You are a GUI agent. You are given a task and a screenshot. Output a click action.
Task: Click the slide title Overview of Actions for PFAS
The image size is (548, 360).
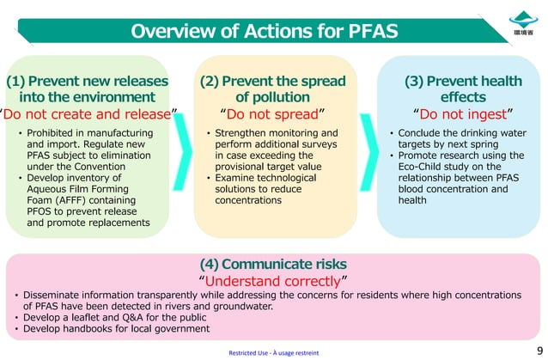pyautogui.click(x=263, y=32)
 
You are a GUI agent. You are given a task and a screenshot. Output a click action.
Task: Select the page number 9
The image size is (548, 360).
pyautogui.click(x=539, y=351)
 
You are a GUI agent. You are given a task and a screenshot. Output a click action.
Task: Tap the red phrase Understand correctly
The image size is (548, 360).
pyautogui.click(x=273, y=280)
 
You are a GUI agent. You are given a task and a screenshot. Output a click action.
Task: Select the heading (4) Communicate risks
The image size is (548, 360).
pyautogui.click(x=273, y=263)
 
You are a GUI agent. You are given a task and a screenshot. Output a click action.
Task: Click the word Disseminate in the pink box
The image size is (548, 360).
pyautogui.click(x=56, y=295)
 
